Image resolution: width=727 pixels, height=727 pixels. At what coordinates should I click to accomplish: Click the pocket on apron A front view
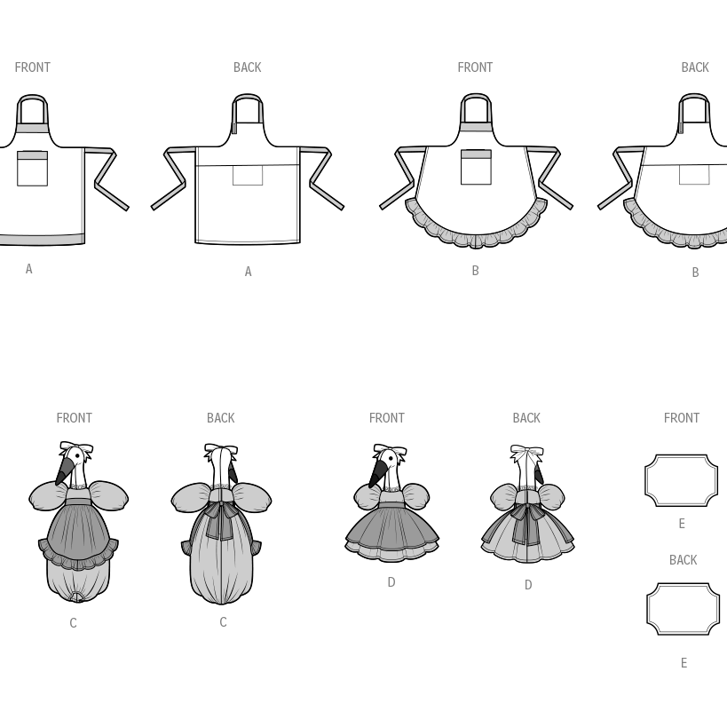(x=33, y=169)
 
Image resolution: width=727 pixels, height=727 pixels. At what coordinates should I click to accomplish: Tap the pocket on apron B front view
(x=476, y=167)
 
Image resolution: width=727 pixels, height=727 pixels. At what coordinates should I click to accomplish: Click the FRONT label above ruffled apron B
(x=475, y=67)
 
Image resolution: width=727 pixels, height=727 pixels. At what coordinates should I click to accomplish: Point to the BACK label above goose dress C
(x=221, y=418)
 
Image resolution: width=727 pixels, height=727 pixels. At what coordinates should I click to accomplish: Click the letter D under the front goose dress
(x=391, y=582)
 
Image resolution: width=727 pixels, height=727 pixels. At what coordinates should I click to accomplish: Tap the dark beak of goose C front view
(x=64, y=470)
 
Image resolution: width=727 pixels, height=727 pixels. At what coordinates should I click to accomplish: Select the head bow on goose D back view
(x=527, y=450)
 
